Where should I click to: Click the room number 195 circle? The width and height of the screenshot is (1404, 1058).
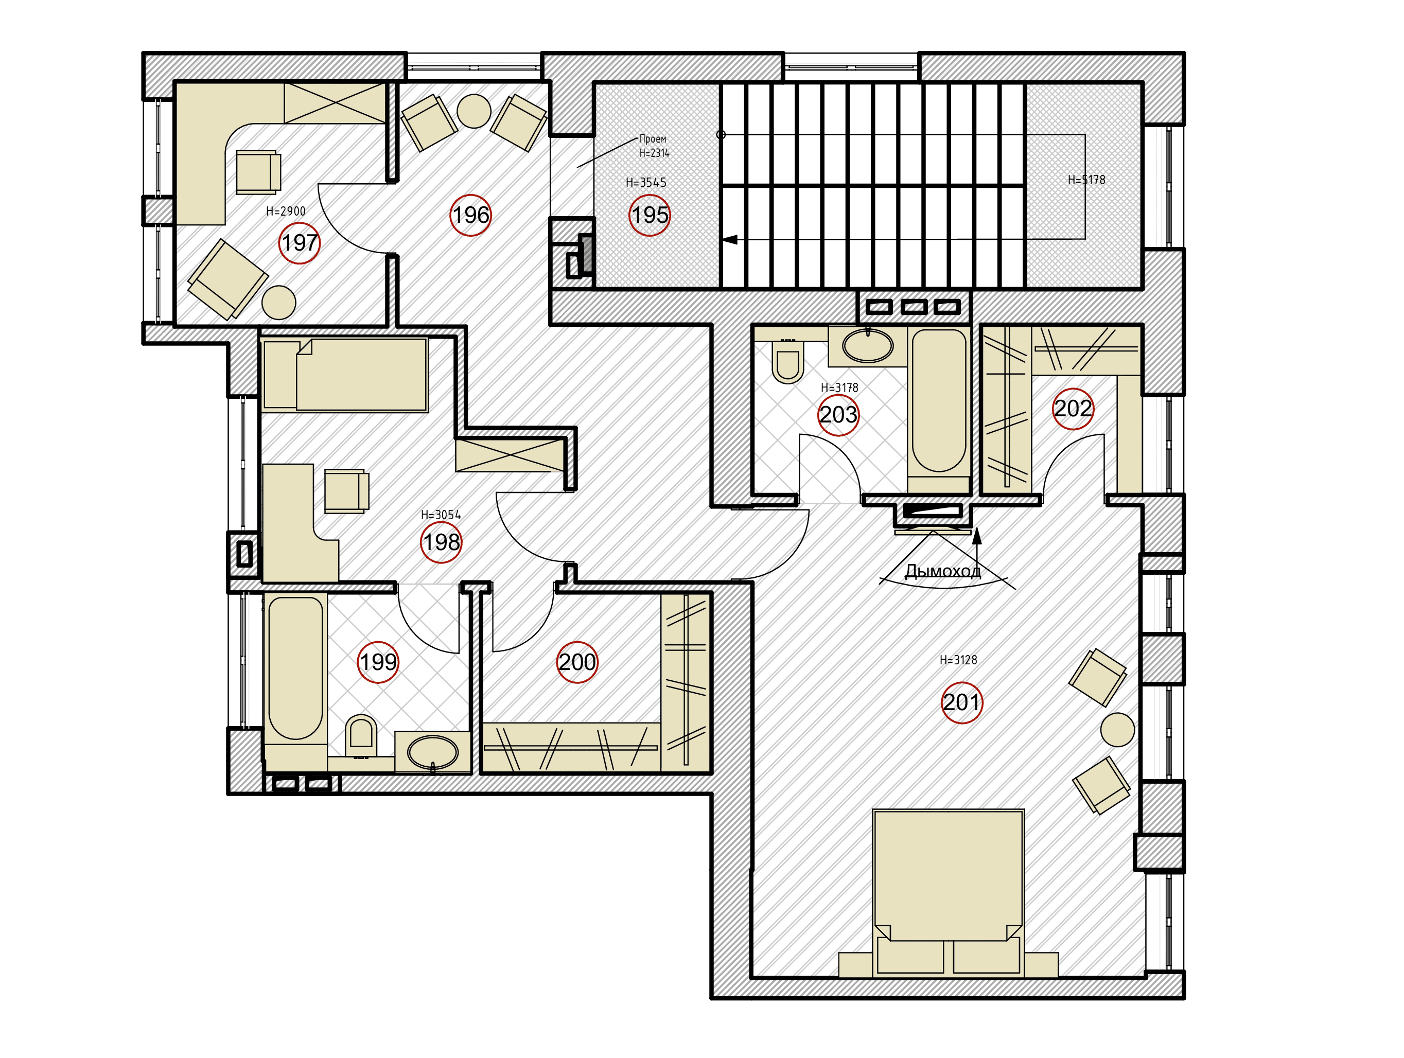click(x=650, y=215)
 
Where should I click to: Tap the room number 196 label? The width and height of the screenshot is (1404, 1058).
click(x=470, y=215)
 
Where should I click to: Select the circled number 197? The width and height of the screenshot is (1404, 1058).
click(x=300, y=242)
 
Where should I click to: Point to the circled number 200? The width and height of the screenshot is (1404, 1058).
click(x=577, y=662)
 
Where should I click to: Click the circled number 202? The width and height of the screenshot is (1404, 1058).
click(x=1073, y=408)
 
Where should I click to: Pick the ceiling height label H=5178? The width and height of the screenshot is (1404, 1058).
click(x=1086, y=180)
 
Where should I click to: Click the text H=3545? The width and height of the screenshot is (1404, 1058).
click(x=645, y=183)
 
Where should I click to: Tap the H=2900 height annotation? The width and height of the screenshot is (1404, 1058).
click(x=286, y=211)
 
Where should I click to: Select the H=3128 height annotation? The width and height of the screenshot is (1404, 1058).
click(x=958, y=660)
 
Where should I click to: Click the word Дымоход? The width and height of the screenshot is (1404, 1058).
click(x=942, y=571)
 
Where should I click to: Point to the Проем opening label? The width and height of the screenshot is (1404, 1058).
click(x=653, y=139)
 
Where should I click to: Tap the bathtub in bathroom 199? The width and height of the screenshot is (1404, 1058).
click(x=295, y=667)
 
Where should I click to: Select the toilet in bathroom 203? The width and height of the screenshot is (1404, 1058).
click(x=787, y=362)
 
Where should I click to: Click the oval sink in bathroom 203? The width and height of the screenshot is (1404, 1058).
click(x=868, y=346)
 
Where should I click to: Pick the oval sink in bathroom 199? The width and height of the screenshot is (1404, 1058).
click(x=432, y=753)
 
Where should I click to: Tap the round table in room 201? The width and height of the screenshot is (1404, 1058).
click(x=1117, y=729)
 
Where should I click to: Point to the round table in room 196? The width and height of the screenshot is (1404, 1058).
click(x=473, y=111)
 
